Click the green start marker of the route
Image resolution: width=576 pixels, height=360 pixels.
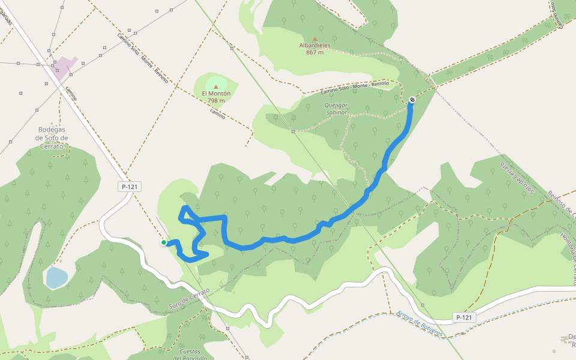(163, 242)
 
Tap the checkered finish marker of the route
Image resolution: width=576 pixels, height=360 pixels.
(412, 100)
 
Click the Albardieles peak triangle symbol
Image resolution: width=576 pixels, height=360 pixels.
(314, 38)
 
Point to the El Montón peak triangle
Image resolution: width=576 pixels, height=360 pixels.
(216, 86)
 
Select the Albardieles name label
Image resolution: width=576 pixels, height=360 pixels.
(314, 45)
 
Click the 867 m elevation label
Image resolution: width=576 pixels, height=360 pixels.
(314, 52)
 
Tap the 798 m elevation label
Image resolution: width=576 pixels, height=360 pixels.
(216, 101)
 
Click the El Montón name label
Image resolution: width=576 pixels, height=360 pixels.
(216, 94)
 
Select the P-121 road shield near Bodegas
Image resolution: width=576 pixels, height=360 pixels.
(130, 187)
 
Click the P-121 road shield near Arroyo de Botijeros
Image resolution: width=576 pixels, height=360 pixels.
(465, 317)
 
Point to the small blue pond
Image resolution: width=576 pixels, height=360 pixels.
(56, 278)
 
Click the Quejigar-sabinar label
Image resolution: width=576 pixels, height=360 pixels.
(337, 108)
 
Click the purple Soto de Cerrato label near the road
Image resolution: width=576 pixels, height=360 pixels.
(189, 299)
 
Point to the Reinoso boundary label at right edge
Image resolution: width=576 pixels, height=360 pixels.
(562, 204)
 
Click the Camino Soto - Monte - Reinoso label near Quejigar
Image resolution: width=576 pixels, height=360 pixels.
(354, 88)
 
